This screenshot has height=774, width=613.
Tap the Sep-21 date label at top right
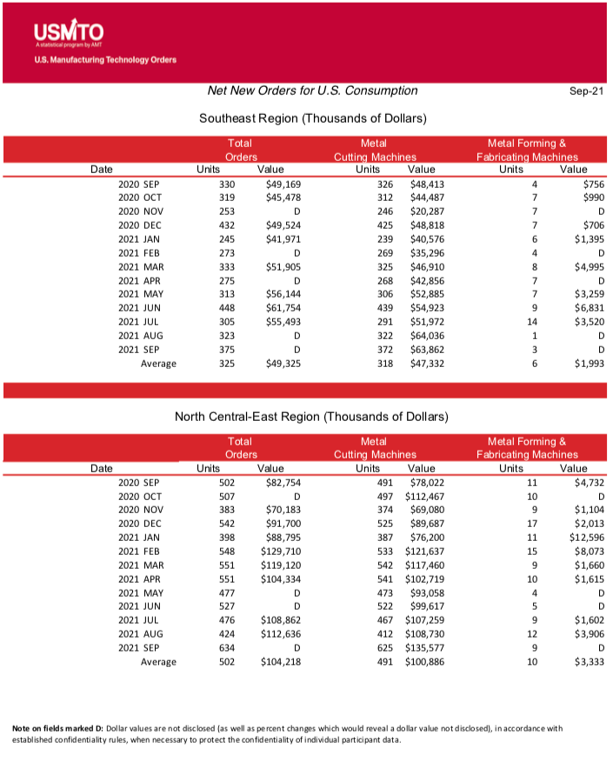[586, 91]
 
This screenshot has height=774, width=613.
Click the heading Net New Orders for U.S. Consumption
[312, 90]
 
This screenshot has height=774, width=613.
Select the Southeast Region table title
[312, 118]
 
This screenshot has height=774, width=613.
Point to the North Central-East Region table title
[311, 417]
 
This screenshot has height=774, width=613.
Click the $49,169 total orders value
[283, 184]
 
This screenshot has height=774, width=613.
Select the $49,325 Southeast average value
[283, 364]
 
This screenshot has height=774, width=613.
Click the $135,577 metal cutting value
[424, 647]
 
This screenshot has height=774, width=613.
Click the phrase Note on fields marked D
[57, 728]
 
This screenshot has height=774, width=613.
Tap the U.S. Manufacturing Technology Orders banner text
[105, 60]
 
